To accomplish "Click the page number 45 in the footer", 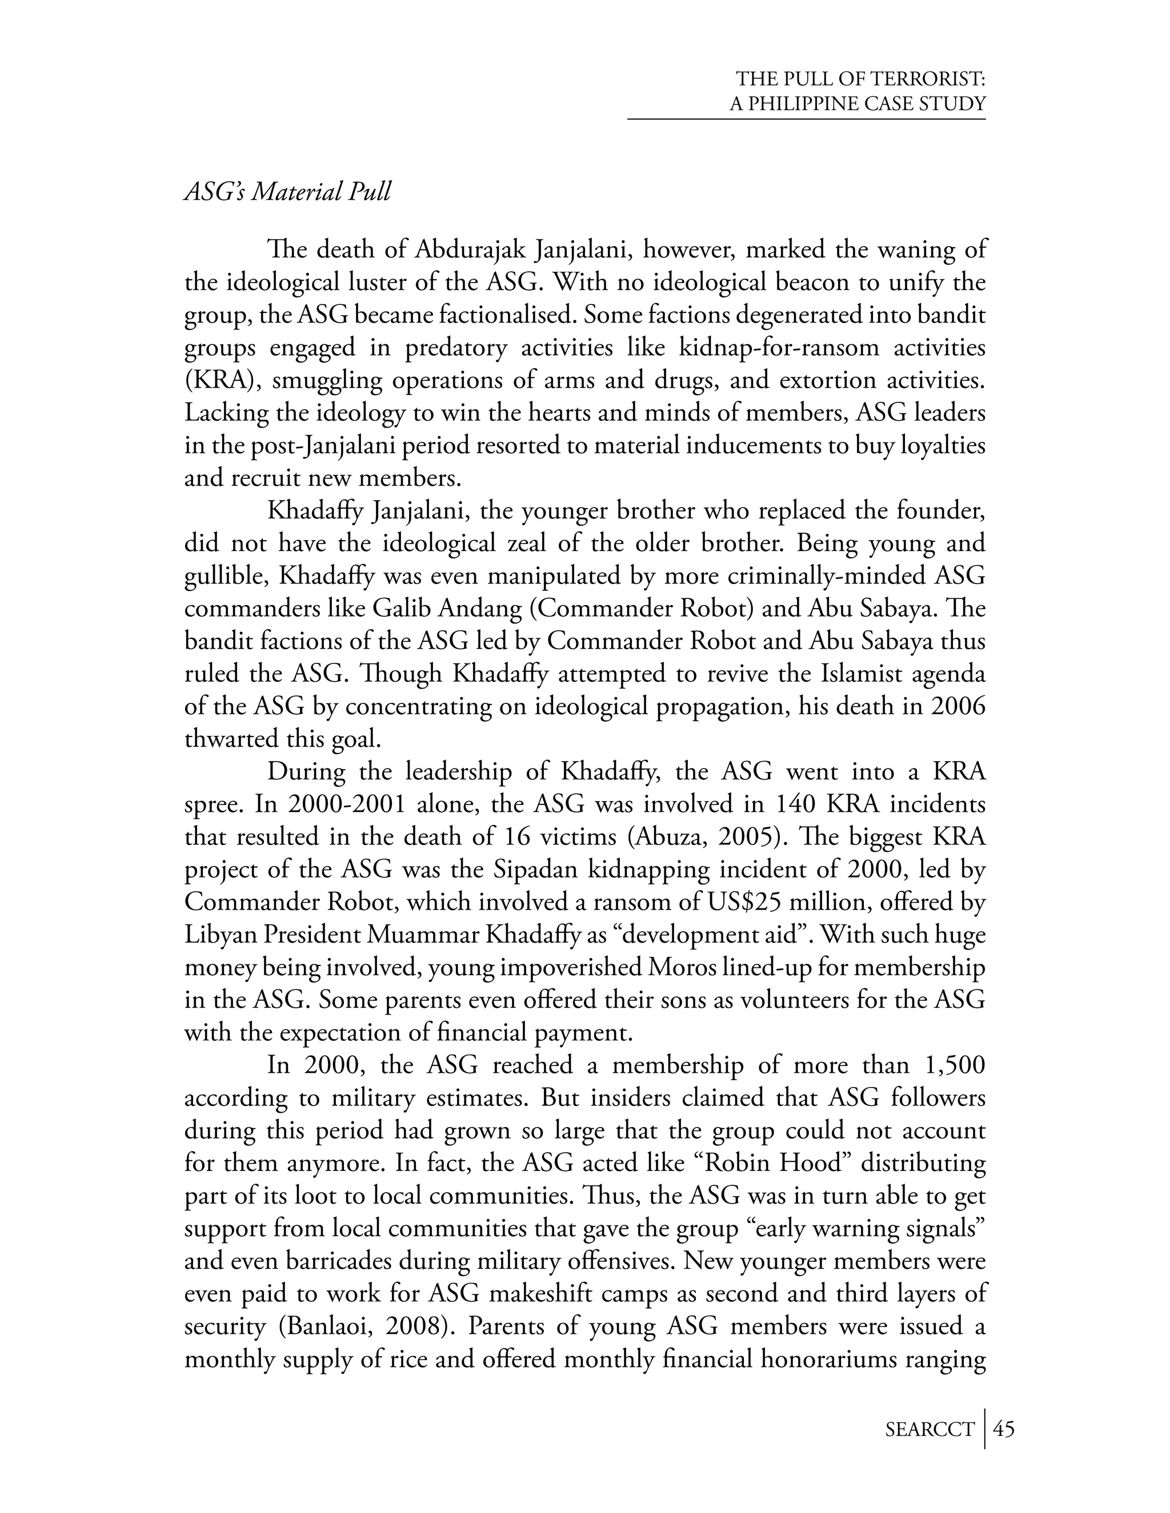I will click(x=1004, y=1429).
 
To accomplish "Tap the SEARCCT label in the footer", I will click(x=929, y=1429).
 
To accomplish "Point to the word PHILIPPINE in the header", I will click(x=808, y=104).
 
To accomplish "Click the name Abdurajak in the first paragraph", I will click(x=474, y=250).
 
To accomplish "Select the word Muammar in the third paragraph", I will click(x=422, y=935).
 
